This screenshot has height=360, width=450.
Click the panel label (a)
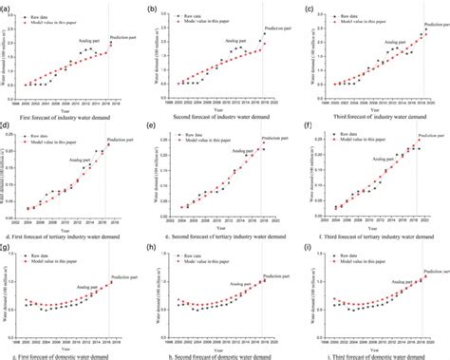tap(8, 9)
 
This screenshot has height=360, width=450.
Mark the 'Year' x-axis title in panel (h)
tap(225, 343)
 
